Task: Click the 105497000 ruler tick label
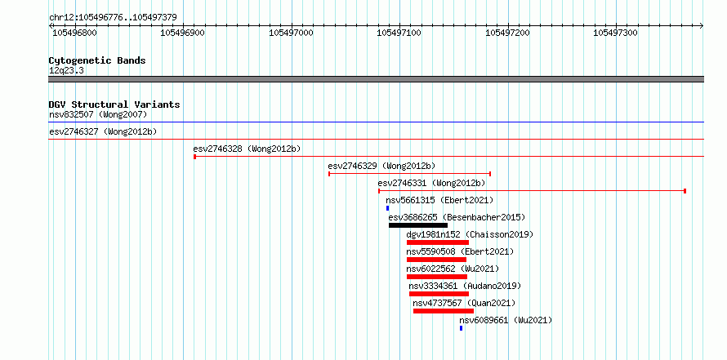(292, 33)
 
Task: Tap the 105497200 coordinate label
(508, 33)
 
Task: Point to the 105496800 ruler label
(74, 33)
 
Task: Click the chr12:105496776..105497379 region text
(113, 18)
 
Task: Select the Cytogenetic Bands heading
(97, 60)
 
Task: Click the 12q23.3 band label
(66, 71)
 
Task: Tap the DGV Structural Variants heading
(114, 104)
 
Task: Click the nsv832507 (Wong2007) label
(98, 114)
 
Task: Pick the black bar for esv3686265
(418, 225)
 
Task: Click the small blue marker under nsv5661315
(388, 208)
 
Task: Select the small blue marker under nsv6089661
(461, 328)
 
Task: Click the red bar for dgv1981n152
(438, 242)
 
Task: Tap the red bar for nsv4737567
(444, 311)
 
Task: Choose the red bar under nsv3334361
(439, 294)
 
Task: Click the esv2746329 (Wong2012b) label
(381, 166)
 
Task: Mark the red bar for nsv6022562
(437, 277)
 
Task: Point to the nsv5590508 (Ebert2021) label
(460, 251)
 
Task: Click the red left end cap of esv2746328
(194, 157)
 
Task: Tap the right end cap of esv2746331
(685, 191)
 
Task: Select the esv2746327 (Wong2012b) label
(103, 131)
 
